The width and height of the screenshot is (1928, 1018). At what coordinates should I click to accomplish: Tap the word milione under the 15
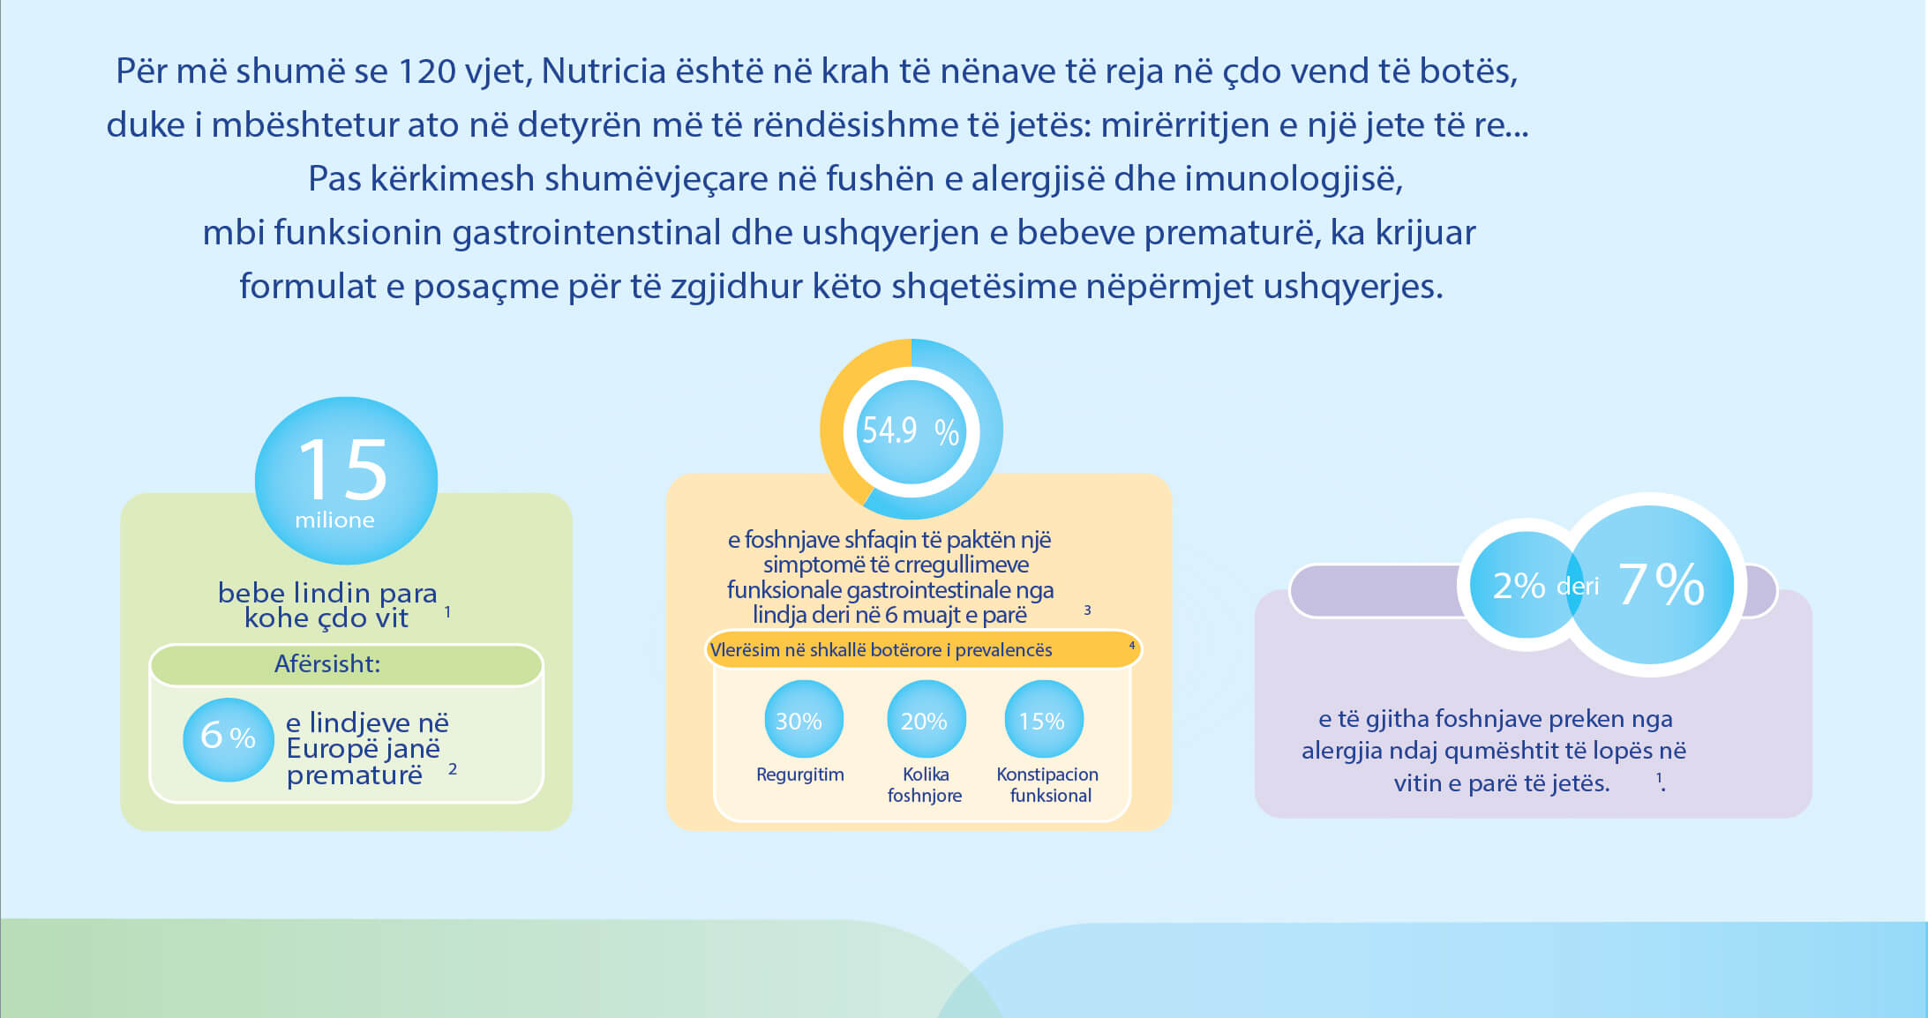334,520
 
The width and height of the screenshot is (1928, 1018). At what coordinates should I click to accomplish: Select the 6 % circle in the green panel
229,739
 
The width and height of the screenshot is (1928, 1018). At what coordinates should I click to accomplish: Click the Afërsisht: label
327,663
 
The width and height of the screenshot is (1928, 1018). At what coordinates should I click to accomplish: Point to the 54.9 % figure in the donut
911,430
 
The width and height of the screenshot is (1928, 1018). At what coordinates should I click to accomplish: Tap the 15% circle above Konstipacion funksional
1044,719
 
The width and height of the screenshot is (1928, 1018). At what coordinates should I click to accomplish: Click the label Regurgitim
800,775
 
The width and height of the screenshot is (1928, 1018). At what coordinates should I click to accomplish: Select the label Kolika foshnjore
925,785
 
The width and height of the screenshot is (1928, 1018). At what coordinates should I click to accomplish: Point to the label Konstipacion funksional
1047,785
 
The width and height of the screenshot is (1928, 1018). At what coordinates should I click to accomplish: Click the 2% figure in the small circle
1519,586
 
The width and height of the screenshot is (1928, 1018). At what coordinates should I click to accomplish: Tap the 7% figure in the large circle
1661,584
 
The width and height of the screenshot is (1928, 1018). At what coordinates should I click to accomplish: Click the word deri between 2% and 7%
1578,586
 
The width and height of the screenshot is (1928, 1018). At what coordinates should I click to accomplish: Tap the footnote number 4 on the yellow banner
1132,646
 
